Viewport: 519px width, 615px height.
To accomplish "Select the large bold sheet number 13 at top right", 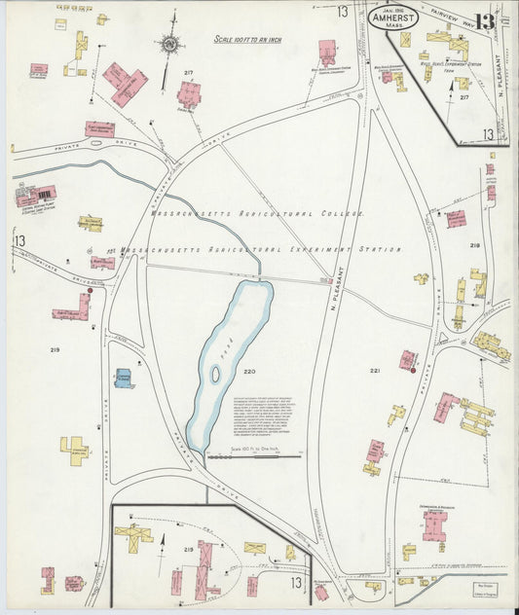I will tap(486, 21).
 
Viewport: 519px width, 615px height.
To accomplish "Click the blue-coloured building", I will tap(124, 378).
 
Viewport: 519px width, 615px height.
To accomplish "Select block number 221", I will tap(374, 371).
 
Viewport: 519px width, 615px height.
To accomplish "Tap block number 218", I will tap(474, 245).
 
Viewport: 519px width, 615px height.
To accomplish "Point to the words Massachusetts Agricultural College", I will tap(257, 213).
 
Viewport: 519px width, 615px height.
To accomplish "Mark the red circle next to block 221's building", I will tap(414, 370).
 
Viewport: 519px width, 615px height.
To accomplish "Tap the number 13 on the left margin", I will tap(19, 240).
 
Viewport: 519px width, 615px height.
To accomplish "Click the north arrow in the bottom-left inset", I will tap(163, 541).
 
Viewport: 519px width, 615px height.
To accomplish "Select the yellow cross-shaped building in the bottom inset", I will tap(133, 534).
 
